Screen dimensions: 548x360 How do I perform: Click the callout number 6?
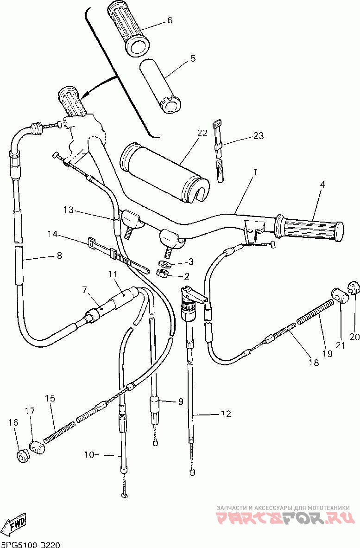(x=170, y=20)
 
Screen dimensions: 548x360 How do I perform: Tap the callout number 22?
(x=202, y=133)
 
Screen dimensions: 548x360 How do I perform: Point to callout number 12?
(x=226, y=414)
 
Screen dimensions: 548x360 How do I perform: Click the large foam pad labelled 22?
(x=164, y=171)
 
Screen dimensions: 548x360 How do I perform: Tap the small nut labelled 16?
(x=22, y=455)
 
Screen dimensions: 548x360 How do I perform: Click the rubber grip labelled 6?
(x=128, y=29)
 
